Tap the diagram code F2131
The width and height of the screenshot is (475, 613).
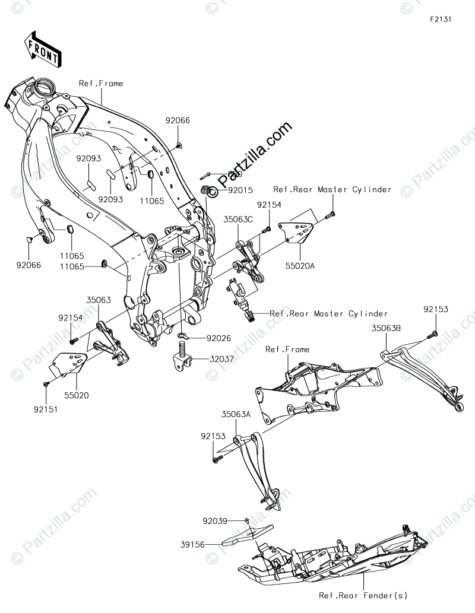tap(441, 19)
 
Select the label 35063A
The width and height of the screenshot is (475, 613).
tap(236, 415)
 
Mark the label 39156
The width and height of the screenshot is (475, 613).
tap(192, 543)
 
